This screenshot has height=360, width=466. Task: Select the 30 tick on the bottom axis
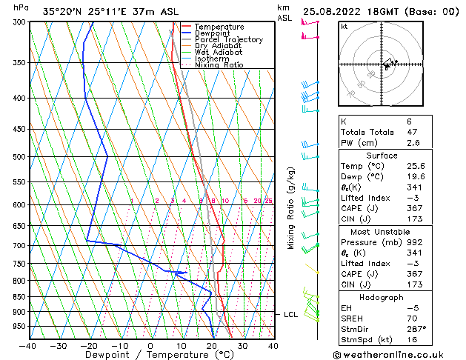pyautogui.click(x=242, y=345)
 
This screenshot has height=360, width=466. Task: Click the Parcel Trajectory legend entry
pyautogui.click(x=228, y=40)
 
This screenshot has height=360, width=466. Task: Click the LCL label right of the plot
pyautogui.click(x=291, y=315)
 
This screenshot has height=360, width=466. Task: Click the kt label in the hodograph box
pyautogui.click(x=344, y=27)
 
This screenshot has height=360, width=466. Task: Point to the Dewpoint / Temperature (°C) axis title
pyautogui.click(x=150, y=355)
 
